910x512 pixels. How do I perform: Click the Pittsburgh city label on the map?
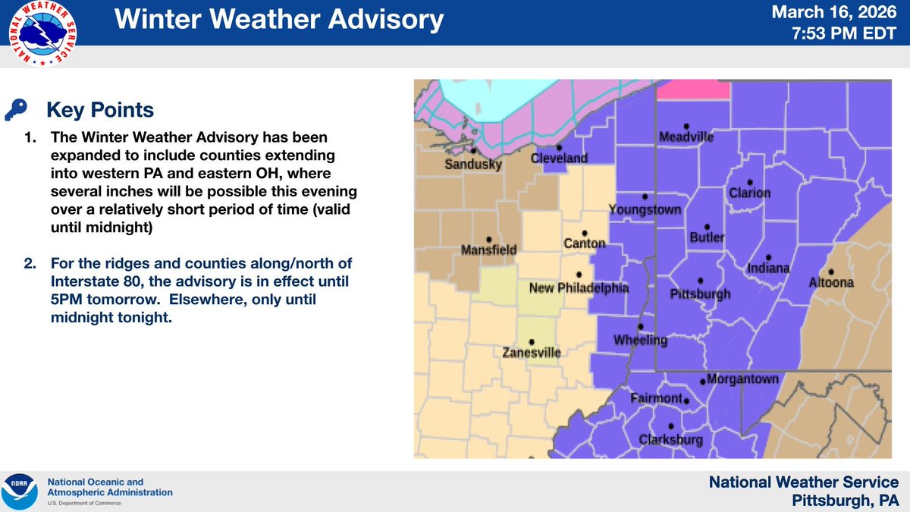click(700, 294)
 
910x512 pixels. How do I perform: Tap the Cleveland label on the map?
click(559, 159)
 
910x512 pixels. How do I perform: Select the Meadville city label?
click(686, 137)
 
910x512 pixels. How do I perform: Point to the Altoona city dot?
click(831, 271)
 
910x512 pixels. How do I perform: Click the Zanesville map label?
click(531, 353)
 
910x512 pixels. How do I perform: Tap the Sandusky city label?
click(473, 165)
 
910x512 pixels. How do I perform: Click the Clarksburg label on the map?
click(670, 439)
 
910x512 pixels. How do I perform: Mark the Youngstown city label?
click(645, 209)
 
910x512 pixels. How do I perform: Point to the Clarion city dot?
click(749, 181)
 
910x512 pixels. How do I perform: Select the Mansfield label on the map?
click(489, 250)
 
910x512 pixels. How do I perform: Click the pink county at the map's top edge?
click(692, 90)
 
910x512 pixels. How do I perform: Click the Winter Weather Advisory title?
click(278, 20)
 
